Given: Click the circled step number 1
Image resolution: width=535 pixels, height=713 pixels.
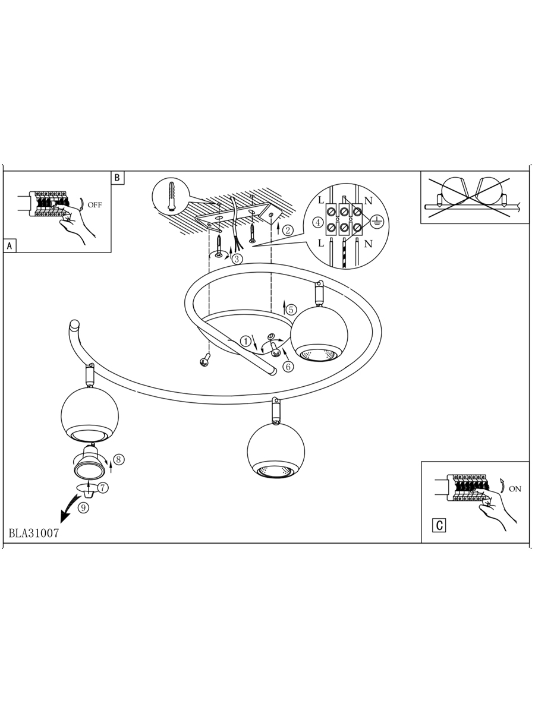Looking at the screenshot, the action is click(x=246, y=341).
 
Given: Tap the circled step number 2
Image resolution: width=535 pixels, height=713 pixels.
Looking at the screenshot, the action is click(x=288, y=231).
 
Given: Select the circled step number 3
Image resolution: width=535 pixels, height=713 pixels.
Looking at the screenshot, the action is click(x=237, y=259).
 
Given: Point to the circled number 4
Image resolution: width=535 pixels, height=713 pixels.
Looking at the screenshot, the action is click(x=317, y=223).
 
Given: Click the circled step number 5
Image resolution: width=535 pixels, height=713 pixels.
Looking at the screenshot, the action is click(x=291, y=310).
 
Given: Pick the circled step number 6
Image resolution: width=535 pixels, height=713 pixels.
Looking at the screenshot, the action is click(x=288, y=367).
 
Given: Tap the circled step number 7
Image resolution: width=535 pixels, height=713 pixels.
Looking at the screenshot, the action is click(x=103, y=488).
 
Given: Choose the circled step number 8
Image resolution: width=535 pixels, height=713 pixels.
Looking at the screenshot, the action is click(x=119, y=459).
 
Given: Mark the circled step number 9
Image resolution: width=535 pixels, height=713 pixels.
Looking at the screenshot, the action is click(x=83, y=507).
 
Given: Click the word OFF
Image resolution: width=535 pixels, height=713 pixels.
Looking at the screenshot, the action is click(x=95, y=205).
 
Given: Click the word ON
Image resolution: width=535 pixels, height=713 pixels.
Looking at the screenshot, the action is click(x=515, y=489).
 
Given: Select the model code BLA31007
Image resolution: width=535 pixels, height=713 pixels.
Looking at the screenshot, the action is click(x=34, y=533).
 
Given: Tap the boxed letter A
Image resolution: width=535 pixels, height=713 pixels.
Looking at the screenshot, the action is click(x=10, y=246).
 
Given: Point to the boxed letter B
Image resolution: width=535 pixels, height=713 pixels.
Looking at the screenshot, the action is click(x=117, y=178).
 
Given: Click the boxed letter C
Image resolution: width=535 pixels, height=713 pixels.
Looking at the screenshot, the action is click(x=439, y=525).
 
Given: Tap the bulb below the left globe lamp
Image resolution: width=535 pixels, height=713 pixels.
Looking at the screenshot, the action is click(x=90, y=462).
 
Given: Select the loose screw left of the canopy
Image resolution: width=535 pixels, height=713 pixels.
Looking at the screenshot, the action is click(x=206, y=360).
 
